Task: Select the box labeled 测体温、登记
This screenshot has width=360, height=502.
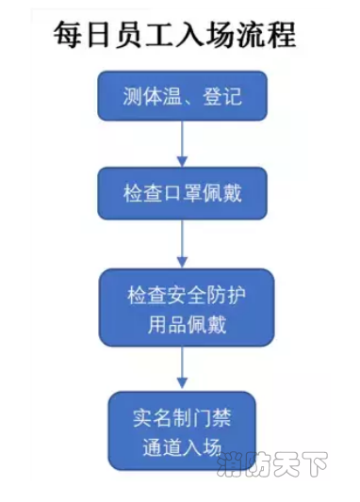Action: point(182,96)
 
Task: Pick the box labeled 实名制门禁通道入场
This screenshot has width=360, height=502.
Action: point(182,430)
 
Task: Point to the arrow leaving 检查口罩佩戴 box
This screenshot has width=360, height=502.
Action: point(182,244)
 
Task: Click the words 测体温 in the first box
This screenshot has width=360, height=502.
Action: point(151,97)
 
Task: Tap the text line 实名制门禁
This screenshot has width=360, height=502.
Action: point(182,414)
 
